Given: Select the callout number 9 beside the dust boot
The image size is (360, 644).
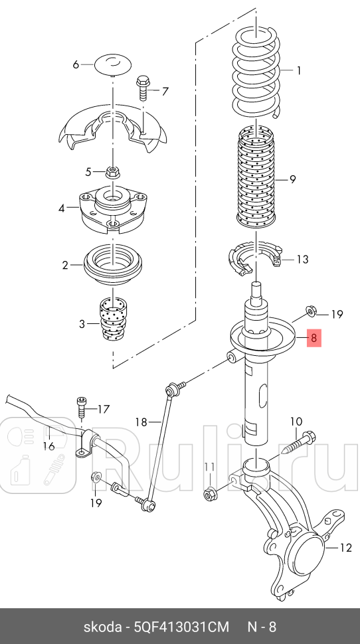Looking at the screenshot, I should (292, 179).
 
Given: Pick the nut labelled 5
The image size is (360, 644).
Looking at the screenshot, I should (112, 172).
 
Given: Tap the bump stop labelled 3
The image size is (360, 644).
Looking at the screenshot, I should (112, 319).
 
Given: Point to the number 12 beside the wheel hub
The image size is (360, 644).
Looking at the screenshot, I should (345, 548).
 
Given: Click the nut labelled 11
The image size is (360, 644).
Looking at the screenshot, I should (210, 494).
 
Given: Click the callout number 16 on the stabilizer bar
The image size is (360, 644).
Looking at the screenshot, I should (48, 446).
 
